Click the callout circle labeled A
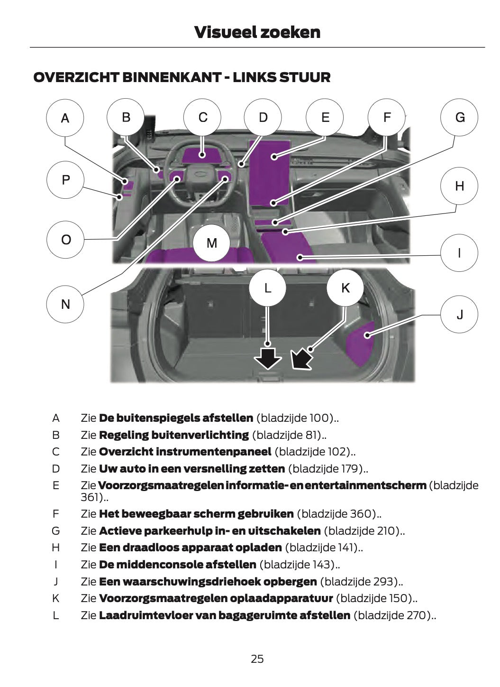[x=65, y=118]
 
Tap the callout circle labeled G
[x=459, y=118]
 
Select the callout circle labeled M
[x=212, y=243]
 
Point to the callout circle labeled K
[x=345, y=288]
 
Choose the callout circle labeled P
[x=65, y=180]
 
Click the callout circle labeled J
[x=459, y=314]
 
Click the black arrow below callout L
[x=268, y=358]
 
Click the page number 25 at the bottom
[x=257, y=659]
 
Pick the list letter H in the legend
[x=56, y=548]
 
